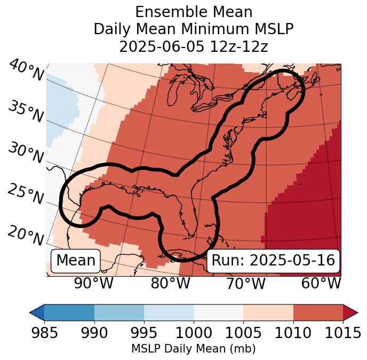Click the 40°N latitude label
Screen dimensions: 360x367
[x=26, y=71]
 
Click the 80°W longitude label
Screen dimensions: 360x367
[x=170, y=284]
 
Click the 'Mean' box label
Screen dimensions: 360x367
[x=76, y=261]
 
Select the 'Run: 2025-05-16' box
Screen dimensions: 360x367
[x=273, y=261]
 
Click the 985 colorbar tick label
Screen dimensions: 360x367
[x=44, y=333]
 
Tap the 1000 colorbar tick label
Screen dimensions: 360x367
[x=194, y=333]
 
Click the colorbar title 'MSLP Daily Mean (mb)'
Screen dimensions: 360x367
[x=193, y=349]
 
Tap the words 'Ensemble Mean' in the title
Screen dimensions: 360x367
[x=194, y=12]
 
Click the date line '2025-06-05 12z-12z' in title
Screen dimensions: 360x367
[x=194, y=46]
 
